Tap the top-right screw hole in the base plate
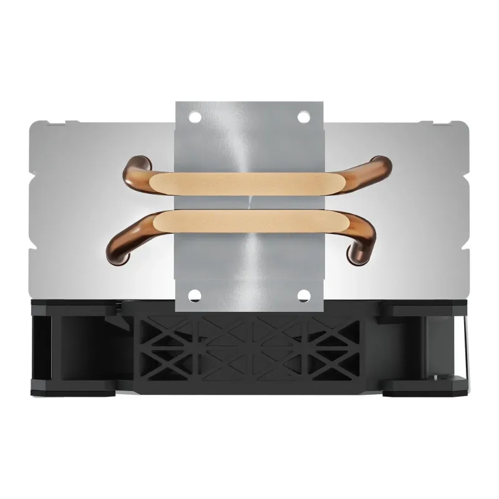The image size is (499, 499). pyautogui.click(x=303, y=117)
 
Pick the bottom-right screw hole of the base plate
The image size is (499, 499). pyautogui.click(x=303, y=295)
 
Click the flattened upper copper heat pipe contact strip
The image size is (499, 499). pyautogui.click(x=249, y=183)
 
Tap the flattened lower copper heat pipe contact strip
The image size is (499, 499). pyautogui.click(x=249, y=221)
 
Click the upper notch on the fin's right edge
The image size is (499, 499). pyautogui.click(x=466, y=162)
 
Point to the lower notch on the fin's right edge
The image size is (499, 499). pyautogui.click(x=466, y=249)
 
